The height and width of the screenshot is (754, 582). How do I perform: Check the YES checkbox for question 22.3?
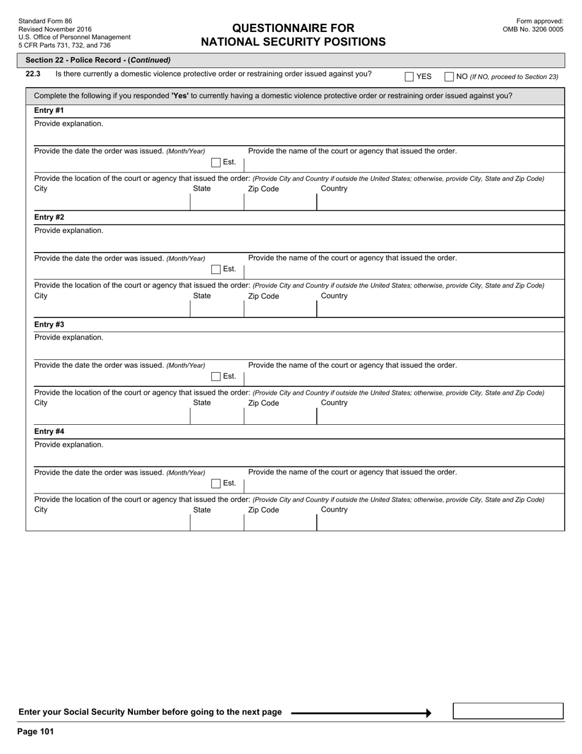click(409, 77)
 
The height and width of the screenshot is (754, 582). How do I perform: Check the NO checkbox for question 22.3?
click(449, 77)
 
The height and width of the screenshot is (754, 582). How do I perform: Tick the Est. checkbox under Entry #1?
click(216, 162)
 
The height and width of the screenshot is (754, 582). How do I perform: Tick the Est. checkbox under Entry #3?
click(216, 376)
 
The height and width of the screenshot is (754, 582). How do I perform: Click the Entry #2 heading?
click(49, 218)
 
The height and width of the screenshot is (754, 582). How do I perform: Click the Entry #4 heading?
click(49, 432)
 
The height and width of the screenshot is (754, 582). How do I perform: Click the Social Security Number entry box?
click(508, 711)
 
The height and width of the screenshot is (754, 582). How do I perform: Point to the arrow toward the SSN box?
click(361, 713)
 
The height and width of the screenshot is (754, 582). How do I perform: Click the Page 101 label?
click(36, 732)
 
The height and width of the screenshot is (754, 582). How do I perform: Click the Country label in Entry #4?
click(334, 510)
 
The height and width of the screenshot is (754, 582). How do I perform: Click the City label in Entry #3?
click(40, 403)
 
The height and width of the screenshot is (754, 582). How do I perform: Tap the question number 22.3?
click(33, 74)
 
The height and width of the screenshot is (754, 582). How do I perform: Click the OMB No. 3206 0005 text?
click(533, 29)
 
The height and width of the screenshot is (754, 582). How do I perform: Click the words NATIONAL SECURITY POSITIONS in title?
click(293, 42)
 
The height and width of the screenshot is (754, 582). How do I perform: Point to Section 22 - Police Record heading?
click(98, 60)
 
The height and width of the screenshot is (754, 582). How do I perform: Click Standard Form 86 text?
click(45, 21)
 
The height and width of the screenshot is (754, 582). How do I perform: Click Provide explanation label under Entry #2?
click(69, 231)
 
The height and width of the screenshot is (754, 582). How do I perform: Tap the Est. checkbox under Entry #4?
click(216, 484)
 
